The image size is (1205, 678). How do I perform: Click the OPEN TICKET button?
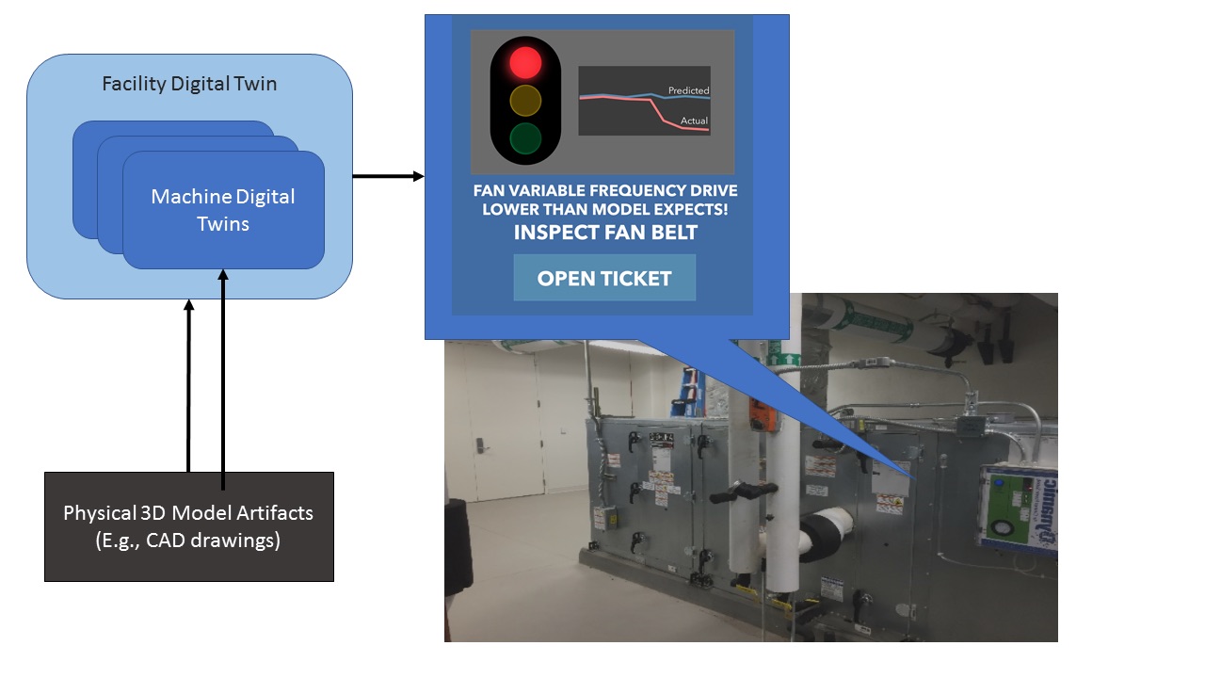pos(604,278)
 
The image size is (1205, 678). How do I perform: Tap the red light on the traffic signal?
pos(525,62)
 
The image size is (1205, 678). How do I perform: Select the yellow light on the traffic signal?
pos(525,100)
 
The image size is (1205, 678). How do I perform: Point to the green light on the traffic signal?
pos(525,138)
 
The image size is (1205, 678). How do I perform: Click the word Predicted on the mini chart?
pos(688,90)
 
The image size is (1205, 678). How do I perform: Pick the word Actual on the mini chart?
pos(694,121)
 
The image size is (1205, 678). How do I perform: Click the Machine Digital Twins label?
pos(223,210)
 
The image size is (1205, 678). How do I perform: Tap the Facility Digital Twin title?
pos(189,84)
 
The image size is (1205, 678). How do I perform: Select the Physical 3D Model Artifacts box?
pos(189,526)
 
